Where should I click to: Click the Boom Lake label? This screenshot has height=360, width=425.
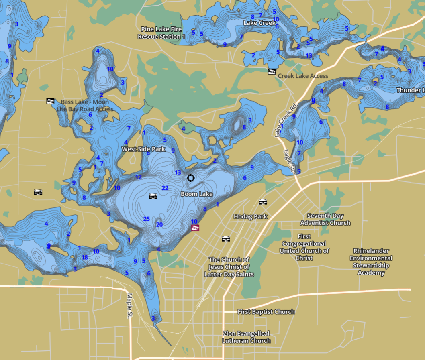click(196, 194)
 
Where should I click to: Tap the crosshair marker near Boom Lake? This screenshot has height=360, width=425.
click(190, 177)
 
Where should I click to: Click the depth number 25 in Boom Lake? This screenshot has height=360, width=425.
click(147, 219)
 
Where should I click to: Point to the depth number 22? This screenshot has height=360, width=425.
click(165, 188)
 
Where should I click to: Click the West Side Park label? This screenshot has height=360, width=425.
click(143, 149)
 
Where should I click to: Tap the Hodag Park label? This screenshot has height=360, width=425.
click(251, 216)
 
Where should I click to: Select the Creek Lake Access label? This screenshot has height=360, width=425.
click(303, 76)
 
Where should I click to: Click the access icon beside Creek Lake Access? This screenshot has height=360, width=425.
click(272, 72)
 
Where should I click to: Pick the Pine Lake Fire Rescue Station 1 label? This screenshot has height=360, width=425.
click(161, 33)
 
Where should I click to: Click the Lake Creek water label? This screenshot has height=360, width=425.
click(259, 23)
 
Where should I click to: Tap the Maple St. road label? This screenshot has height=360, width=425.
click(130, 306)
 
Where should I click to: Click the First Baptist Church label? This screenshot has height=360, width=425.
click(266, 312)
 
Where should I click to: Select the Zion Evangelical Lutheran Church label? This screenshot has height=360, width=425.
click(246, 337)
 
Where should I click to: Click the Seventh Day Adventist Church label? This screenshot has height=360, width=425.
click(325, 219)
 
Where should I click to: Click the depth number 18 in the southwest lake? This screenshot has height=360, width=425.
click(85, 258)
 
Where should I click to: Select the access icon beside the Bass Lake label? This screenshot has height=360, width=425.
click(50, 101)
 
